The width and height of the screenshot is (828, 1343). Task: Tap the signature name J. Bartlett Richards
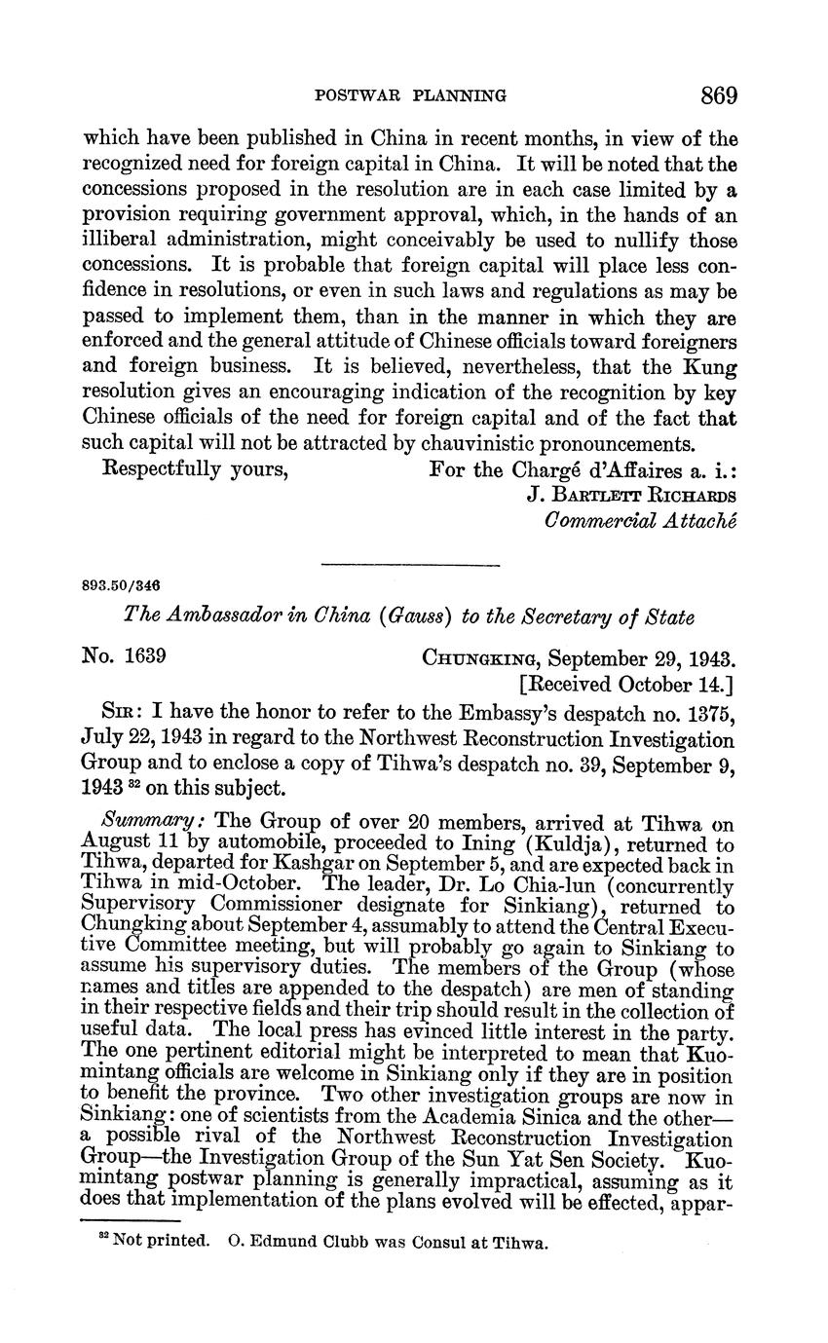click(631, 493)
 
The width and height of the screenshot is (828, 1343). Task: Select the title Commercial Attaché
click(640, 519)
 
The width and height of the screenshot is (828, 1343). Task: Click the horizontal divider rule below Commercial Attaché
click(410, 564)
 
